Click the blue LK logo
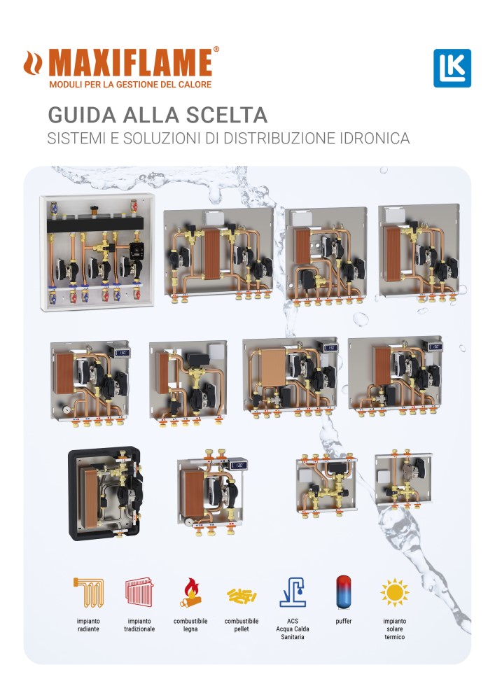pyautogui.click(x=452, y=68)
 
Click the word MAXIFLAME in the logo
pyautogui.click(x=130, y=62)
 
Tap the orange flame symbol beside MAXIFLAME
pyautogui.click(x=33, y=62)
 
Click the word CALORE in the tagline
pyautogui.click(x=195, y=85)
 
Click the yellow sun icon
pyautogui.click(x=395, y=592)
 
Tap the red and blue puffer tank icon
pyautogui.click(x=344, y=592)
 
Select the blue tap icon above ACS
pyautogui.click(x=293, y=592)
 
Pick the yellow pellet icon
pyautogui.click(x=242, y=595)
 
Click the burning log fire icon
pyautogui.click(x=190, y=592)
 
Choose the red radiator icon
pyautogui.click(x=139, y=592)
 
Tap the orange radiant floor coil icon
pyautogui.click(x=88, y=592)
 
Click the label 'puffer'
pyautogui.click(x=344, y=621)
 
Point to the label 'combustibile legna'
pyautogui.click(x=190, y=625)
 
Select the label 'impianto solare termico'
pyautogui.click(x=395, y=629)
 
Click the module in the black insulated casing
pyautogui.click(x=104, y=494)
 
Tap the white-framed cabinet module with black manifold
pyautogui.click(x=97, y=251)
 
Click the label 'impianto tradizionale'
pyautogui.click(x=139, y=625)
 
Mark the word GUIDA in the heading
pyautogui.click(x=82, y=115)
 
